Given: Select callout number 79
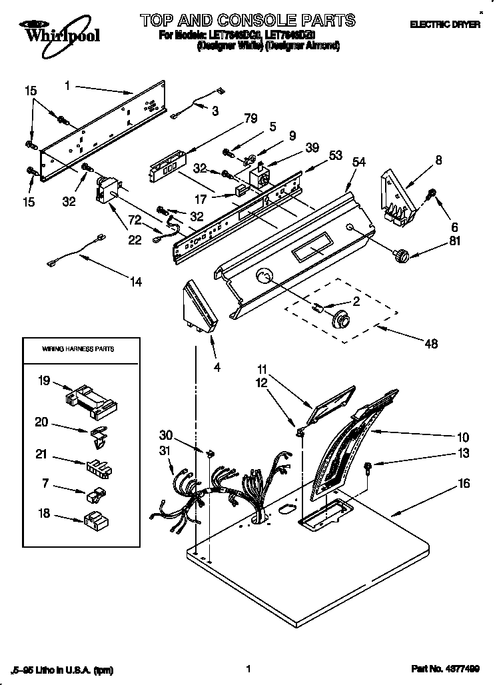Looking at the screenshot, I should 250,120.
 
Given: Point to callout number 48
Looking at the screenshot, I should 432,344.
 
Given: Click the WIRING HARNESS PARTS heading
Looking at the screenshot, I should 78,349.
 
